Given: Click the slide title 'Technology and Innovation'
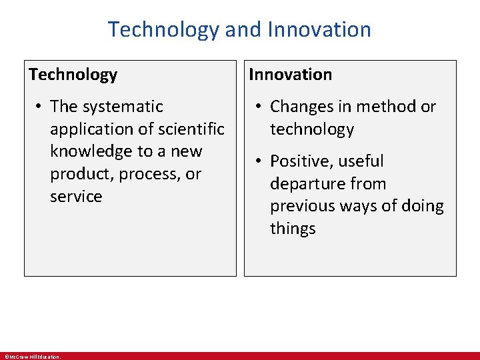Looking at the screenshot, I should click(x=239, y=29).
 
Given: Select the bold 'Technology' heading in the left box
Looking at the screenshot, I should click(x=73, y=75).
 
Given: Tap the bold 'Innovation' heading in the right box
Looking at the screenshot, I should click(x=290, y=75).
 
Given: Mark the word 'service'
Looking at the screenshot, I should click(x=76, y=197).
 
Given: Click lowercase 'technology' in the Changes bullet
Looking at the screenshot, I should click(x=311, y=129).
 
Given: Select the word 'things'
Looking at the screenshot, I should click(x=293, y=229).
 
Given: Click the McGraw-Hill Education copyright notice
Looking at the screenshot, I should click(x=32, y=357).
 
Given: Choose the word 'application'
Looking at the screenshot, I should click(x=92, y=129).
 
